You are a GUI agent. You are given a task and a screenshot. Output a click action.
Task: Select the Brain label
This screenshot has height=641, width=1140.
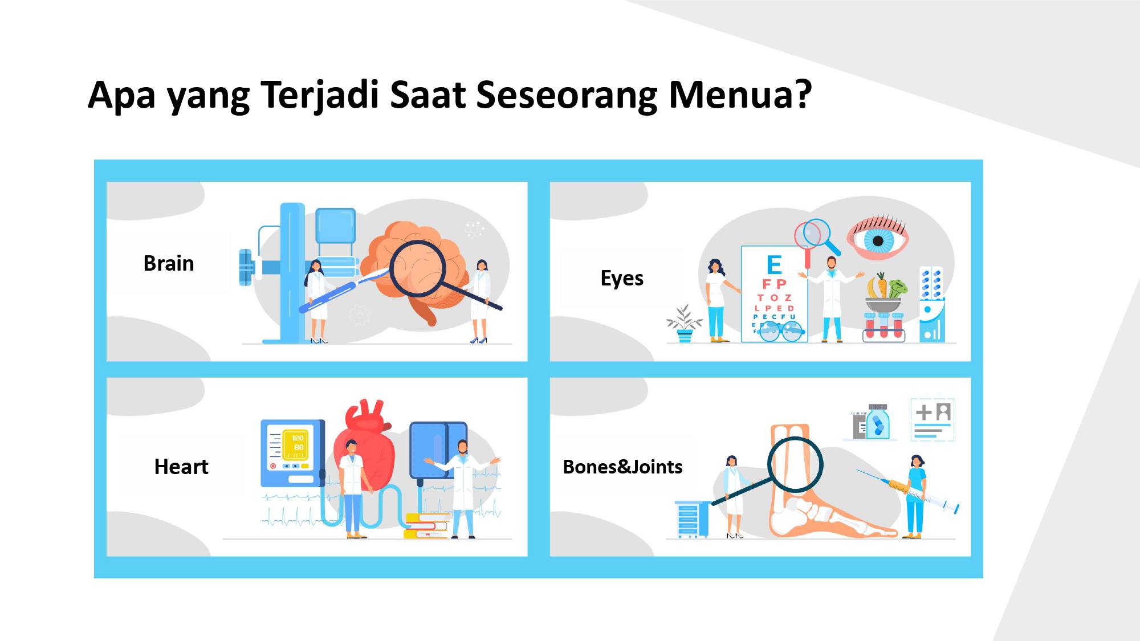[x=169, y=263]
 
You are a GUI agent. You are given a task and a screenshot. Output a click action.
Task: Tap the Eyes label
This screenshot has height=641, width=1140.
[x=622, y=279]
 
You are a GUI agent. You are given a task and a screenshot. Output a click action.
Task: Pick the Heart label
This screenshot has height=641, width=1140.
[x=181, y=467]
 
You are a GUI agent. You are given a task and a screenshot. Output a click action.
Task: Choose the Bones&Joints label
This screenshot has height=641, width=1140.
[x=622, y=467]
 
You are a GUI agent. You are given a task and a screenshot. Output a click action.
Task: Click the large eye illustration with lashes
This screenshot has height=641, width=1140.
[x=877, y=237]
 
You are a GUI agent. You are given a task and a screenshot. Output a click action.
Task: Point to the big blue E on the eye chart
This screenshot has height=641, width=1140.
[x=774, y=265]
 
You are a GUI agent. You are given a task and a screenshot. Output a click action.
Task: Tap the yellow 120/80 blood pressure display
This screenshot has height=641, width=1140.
[x=298, y=443]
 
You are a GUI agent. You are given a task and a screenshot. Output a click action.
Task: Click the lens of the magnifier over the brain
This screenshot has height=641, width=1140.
[x=417, y=268]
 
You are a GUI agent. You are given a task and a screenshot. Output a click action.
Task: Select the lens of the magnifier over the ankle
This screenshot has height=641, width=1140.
[x=795, y=464]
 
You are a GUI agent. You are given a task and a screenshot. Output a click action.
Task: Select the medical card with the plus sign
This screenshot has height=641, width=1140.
[x=933, y=420]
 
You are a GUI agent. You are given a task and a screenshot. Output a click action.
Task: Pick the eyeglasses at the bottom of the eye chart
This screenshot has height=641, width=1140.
[x=781, y=331]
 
